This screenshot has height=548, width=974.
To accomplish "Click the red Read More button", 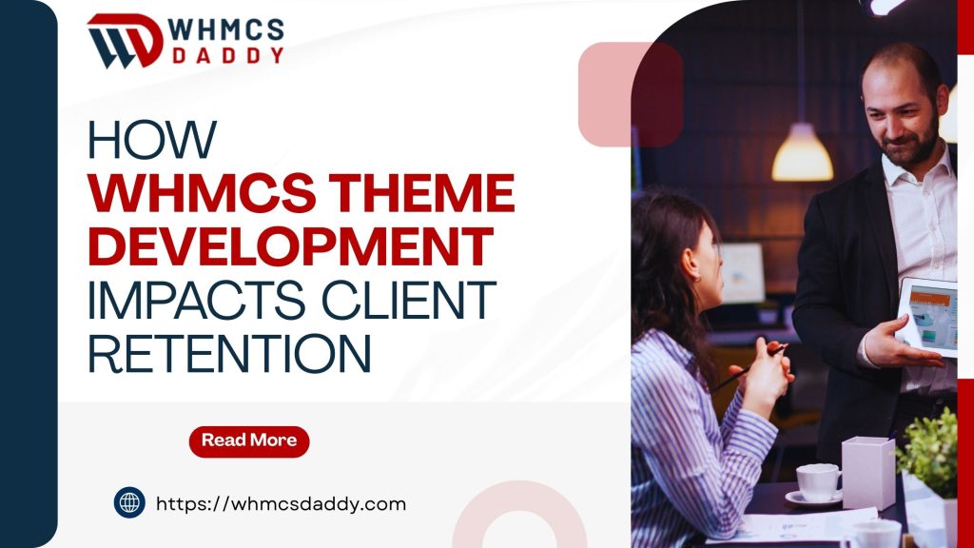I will tap(249, 440).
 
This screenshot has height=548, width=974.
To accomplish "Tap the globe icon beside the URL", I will tap(129, 502).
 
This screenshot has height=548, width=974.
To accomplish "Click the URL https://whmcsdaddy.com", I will tap(281, 503).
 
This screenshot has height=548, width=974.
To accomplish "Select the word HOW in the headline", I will tap(151, 141).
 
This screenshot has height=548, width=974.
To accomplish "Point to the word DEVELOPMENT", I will tap(291, 247).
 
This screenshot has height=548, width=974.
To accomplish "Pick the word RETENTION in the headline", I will tap(229, 353).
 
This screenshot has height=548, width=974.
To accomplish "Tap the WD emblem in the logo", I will tap(125, 40).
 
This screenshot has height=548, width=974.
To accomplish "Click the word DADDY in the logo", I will tap(227, 55).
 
